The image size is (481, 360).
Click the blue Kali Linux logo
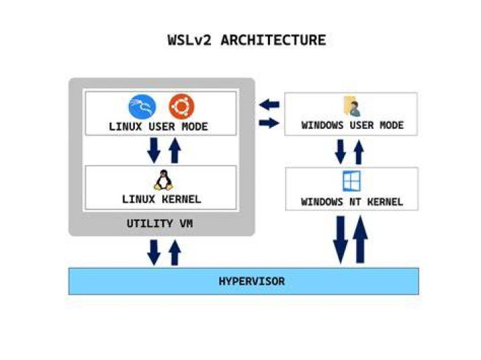coord(142,107)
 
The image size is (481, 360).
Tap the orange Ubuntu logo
coord(182,106)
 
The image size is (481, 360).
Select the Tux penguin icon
coord(163,180)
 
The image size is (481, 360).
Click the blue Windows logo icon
coord(351,181)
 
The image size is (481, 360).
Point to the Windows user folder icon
coord(351,106)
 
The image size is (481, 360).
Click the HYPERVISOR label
coord(252,281)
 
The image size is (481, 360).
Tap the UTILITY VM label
coord(160,224)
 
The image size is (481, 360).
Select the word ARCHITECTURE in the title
coord(273,40)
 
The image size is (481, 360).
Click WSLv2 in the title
coord(190,40)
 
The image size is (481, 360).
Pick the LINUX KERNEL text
coord(162,199)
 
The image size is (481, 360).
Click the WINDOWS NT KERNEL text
coord(352,202)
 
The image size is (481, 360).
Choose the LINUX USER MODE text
coord(158,127)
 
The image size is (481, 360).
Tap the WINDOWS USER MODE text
coord(353,125)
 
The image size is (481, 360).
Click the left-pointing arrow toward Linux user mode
coord(269,105)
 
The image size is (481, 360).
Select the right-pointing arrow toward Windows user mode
coord(269,123)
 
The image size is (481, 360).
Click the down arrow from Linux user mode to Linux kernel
coord(154,150)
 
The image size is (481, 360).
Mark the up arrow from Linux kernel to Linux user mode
coord(175,150)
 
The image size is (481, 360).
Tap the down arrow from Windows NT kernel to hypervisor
coord(341,240)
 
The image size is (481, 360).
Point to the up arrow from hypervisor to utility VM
coord(175,252)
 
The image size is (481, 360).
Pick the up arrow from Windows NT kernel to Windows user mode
coord(359,152)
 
